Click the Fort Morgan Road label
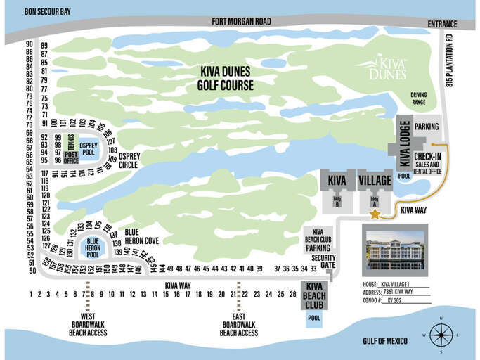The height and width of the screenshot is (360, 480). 242,22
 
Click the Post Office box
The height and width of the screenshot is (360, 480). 71,157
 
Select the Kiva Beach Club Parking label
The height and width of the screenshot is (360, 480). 318,239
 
